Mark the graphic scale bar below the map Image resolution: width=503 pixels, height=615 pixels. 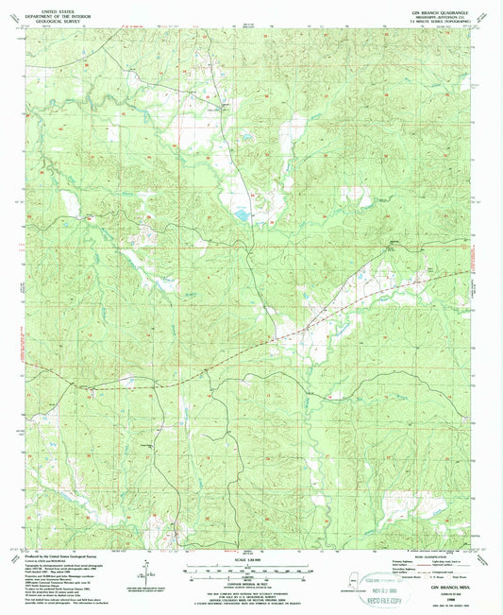coord(251,569)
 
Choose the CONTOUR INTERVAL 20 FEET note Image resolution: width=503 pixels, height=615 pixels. coord(251,580)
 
